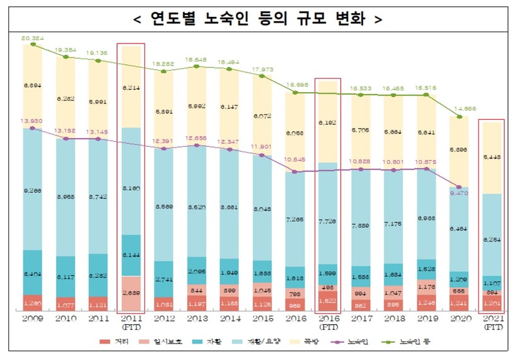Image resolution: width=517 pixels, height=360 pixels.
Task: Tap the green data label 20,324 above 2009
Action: click(x=33, y=38)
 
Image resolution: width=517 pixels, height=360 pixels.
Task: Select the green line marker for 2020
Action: click(x=459, y=117)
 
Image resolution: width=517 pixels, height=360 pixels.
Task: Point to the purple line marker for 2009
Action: click(x=33, y=128)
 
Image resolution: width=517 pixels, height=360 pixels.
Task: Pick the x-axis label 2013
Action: click(x=197, y=320)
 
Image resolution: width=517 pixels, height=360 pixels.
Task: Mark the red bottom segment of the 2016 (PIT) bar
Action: click(x=328, y=301)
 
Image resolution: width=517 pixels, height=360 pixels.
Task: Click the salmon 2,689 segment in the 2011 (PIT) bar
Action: click(x=131, y=293)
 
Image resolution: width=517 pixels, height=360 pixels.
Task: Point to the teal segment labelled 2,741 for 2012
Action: click(x=164, y=279)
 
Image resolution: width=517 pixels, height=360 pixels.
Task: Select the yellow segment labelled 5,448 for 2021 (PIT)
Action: click(x=492, y=158)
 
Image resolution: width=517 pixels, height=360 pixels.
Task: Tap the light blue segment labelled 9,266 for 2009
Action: click(x=33, y=189)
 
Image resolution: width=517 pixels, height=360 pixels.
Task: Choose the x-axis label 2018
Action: click(x=393, y=320)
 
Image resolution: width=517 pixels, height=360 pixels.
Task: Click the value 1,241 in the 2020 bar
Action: click(x=459, y=302)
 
